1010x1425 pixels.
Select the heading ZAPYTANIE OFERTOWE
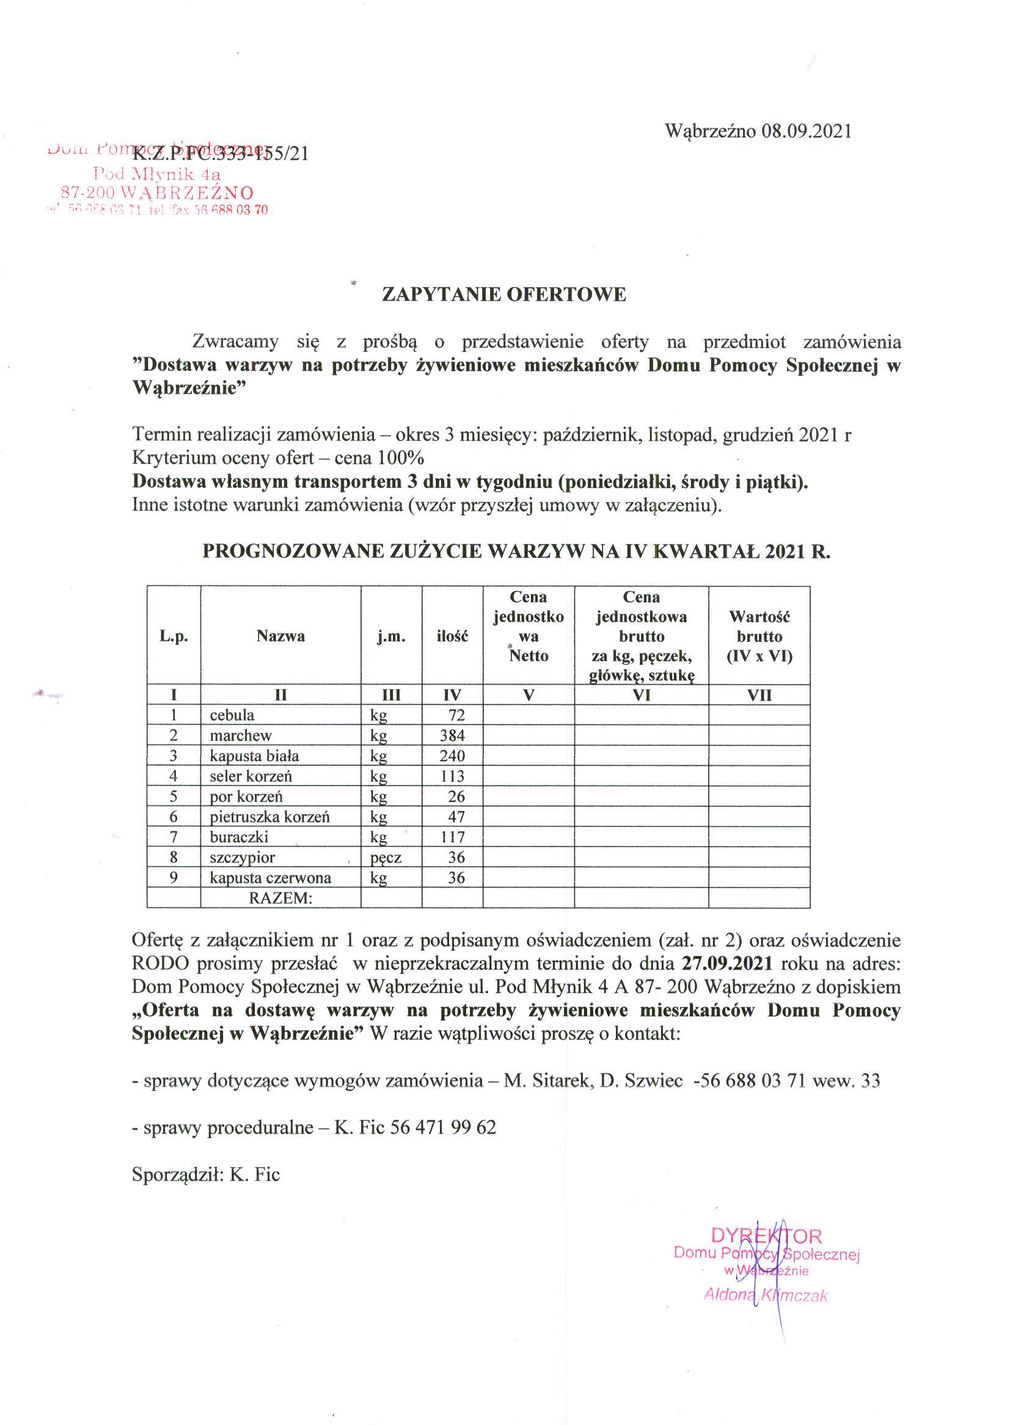[503, 294]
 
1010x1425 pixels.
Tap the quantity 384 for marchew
[452, 735]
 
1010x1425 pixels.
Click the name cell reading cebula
[232, 715]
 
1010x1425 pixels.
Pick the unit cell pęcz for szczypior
[386, 858]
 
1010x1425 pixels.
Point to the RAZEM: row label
[280, 898]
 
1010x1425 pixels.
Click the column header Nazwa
[280, 636]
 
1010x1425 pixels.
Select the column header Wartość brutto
[759, 636]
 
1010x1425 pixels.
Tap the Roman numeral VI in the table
[641, 695]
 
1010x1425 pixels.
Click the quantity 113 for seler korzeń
[452, 776]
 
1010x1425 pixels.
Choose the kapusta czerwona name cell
[270, 878]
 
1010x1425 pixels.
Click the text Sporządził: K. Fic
[206, 1175]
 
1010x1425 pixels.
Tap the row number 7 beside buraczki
[174, 837]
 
